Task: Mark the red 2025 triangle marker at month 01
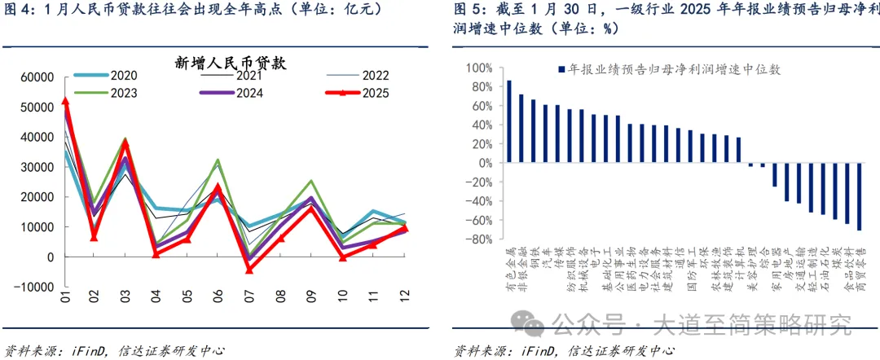[x=66, y=101]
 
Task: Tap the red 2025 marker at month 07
[x=250, y=270]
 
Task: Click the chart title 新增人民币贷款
[x=235, y=63]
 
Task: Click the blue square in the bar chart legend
[x=561, y=70]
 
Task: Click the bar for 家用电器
[x=775, y=174]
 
